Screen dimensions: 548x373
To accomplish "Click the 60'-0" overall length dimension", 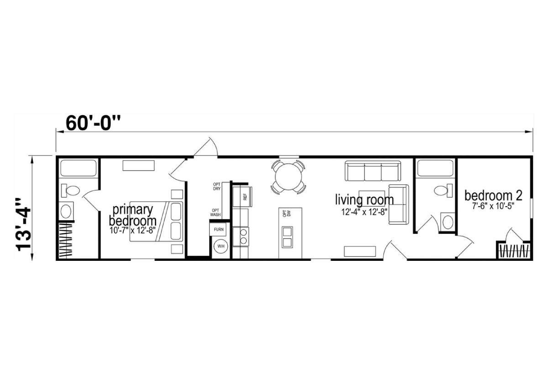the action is tap(93, 124).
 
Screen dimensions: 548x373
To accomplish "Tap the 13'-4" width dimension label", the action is tap(24, 224).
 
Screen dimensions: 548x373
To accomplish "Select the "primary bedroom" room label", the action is tap(132, 215).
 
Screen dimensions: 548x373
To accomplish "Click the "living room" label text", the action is tap(364, 200).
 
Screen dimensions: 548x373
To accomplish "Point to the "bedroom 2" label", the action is tap(494, 196).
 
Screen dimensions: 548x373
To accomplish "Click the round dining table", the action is tap(288, 177).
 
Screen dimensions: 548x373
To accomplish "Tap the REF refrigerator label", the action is tap(245, 197).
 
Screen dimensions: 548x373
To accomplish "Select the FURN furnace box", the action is tap(218, 230).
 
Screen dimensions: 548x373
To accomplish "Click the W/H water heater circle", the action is tap(221, 246).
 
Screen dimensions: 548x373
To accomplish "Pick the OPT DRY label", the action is tap(217, 186).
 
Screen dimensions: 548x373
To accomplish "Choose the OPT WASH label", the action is tap(216, 212).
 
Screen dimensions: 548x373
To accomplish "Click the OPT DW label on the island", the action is tap(286, 213).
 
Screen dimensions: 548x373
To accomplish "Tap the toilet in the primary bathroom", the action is tap(70, 191).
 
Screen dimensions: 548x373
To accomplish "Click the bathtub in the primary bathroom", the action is tap(78, 168).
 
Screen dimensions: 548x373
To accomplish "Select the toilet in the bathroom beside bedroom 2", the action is tap(443, 190).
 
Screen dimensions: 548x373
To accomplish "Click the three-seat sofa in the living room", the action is tap(373, 171).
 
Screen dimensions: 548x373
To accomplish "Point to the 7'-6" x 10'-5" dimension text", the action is tap(493, 206).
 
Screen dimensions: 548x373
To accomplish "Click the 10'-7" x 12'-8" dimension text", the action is tap(132, 230).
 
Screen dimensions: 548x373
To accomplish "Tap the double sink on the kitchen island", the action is tap(287, 237).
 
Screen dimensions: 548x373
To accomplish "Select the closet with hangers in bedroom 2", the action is tap(514, 250).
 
